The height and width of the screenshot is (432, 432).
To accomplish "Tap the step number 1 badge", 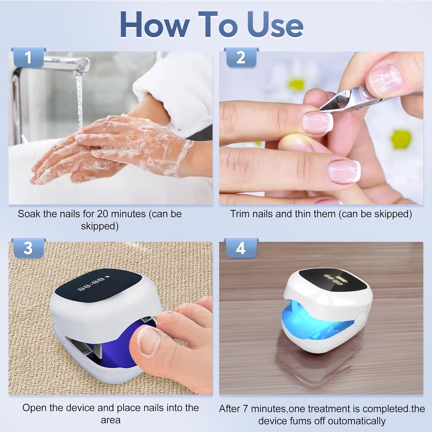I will [x=28, y=57].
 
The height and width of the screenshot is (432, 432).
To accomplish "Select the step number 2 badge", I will [x=241, y=57].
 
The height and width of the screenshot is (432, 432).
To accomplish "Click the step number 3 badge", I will [x=28, y=248].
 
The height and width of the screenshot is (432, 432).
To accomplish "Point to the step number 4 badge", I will [x=241, y=248].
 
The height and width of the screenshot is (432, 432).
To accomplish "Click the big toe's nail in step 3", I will [x=149, y=340].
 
